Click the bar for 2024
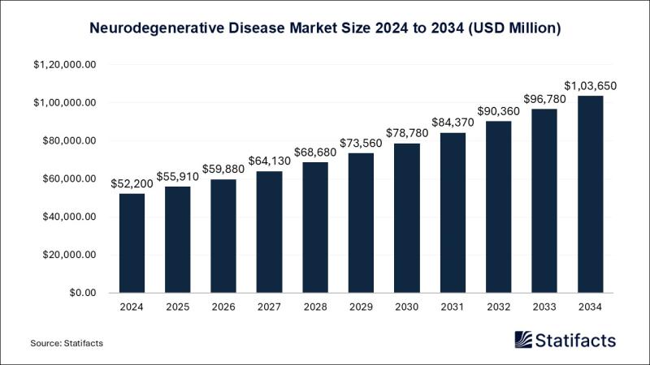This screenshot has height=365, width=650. point(132,243)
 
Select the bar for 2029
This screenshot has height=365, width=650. point(361,223)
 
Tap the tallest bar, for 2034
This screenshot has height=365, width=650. point(590,195)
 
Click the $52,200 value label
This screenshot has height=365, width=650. point(132,183)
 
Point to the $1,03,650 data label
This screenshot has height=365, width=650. point(590,85)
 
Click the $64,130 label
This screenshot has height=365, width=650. point(269,161)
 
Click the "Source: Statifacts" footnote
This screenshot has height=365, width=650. point(67,344)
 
